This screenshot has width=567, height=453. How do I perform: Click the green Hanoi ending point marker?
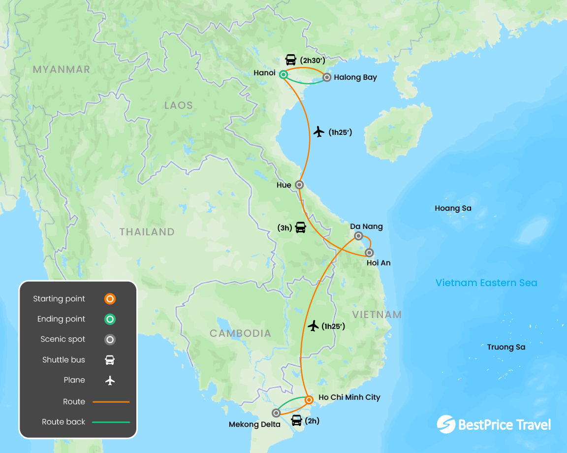(x=283, y=75)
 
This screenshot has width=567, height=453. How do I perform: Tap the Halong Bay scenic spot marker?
(x=327, y=77)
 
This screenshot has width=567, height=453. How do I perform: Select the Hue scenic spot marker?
(x=299, y=185)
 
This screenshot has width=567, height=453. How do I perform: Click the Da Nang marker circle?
(x=359, y=236)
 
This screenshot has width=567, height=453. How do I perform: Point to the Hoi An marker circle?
(x=370, y=253)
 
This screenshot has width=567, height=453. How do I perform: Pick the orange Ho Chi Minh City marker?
(x=309, y=400)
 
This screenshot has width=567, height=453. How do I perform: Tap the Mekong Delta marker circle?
(x=276, y=413)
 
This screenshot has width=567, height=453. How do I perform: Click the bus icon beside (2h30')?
(x=291, y=60)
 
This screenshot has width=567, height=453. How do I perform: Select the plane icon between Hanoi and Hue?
(x=318, y=131)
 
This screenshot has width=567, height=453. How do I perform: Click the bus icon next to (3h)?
(x=300, y=227)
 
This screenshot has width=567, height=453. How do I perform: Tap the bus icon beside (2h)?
(x=296, y=421)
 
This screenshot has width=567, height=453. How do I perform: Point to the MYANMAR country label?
(x=62, y=69)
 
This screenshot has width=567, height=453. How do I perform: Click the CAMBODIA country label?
(x=240, y=333)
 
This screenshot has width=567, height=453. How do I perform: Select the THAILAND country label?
(x=147, y=232)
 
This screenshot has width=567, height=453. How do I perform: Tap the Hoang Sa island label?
(x=453, y=208)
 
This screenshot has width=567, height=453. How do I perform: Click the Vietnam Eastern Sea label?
(x=486, y=283)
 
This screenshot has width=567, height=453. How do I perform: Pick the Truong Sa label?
(x=506, y=347)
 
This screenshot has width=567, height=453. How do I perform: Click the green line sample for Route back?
(x=111, y=422)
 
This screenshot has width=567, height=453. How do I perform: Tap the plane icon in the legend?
(x=110, y=381)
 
